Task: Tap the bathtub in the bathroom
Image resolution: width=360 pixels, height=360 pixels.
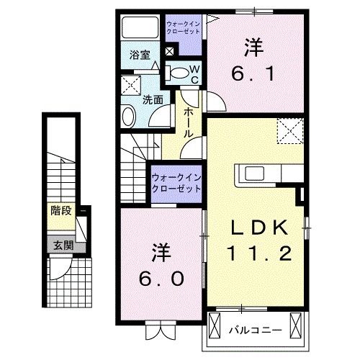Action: pyautogui.click(x=141, y=28)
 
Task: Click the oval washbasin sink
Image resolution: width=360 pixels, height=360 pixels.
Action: pyautogui.click(x=129, y=116)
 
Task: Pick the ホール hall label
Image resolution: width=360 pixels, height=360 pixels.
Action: pyautogui.click(x=188, y=123)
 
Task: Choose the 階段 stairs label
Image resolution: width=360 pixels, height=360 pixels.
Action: pyautogui.click(x=60, y=211)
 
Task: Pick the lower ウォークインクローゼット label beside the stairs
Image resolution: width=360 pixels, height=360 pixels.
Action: pyautogui.click(x=176, y=183)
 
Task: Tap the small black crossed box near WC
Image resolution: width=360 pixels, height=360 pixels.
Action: pyautogui.click(x=170, y=52)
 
